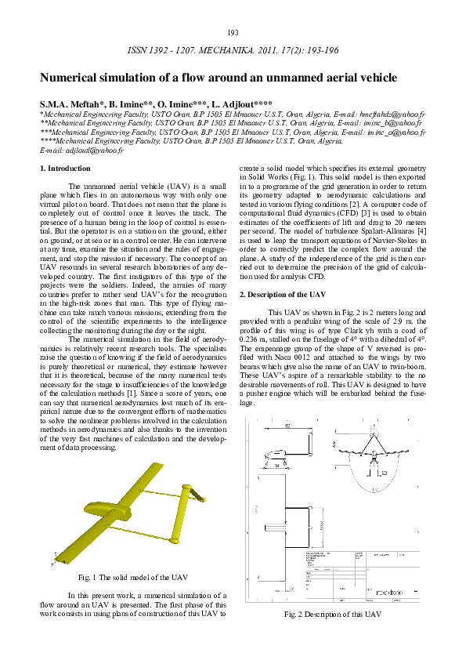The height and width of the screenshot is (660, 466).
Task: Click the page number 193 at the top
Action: (233, 32)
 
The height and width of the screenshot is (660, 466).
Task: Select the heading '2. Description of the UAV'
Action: (282, 294)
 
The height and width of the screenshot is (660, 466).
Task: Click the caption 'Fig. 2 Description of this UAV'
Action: (332, 614)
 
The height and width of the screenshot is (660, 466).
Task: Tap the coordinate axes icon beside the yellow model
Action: (54, 561)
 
